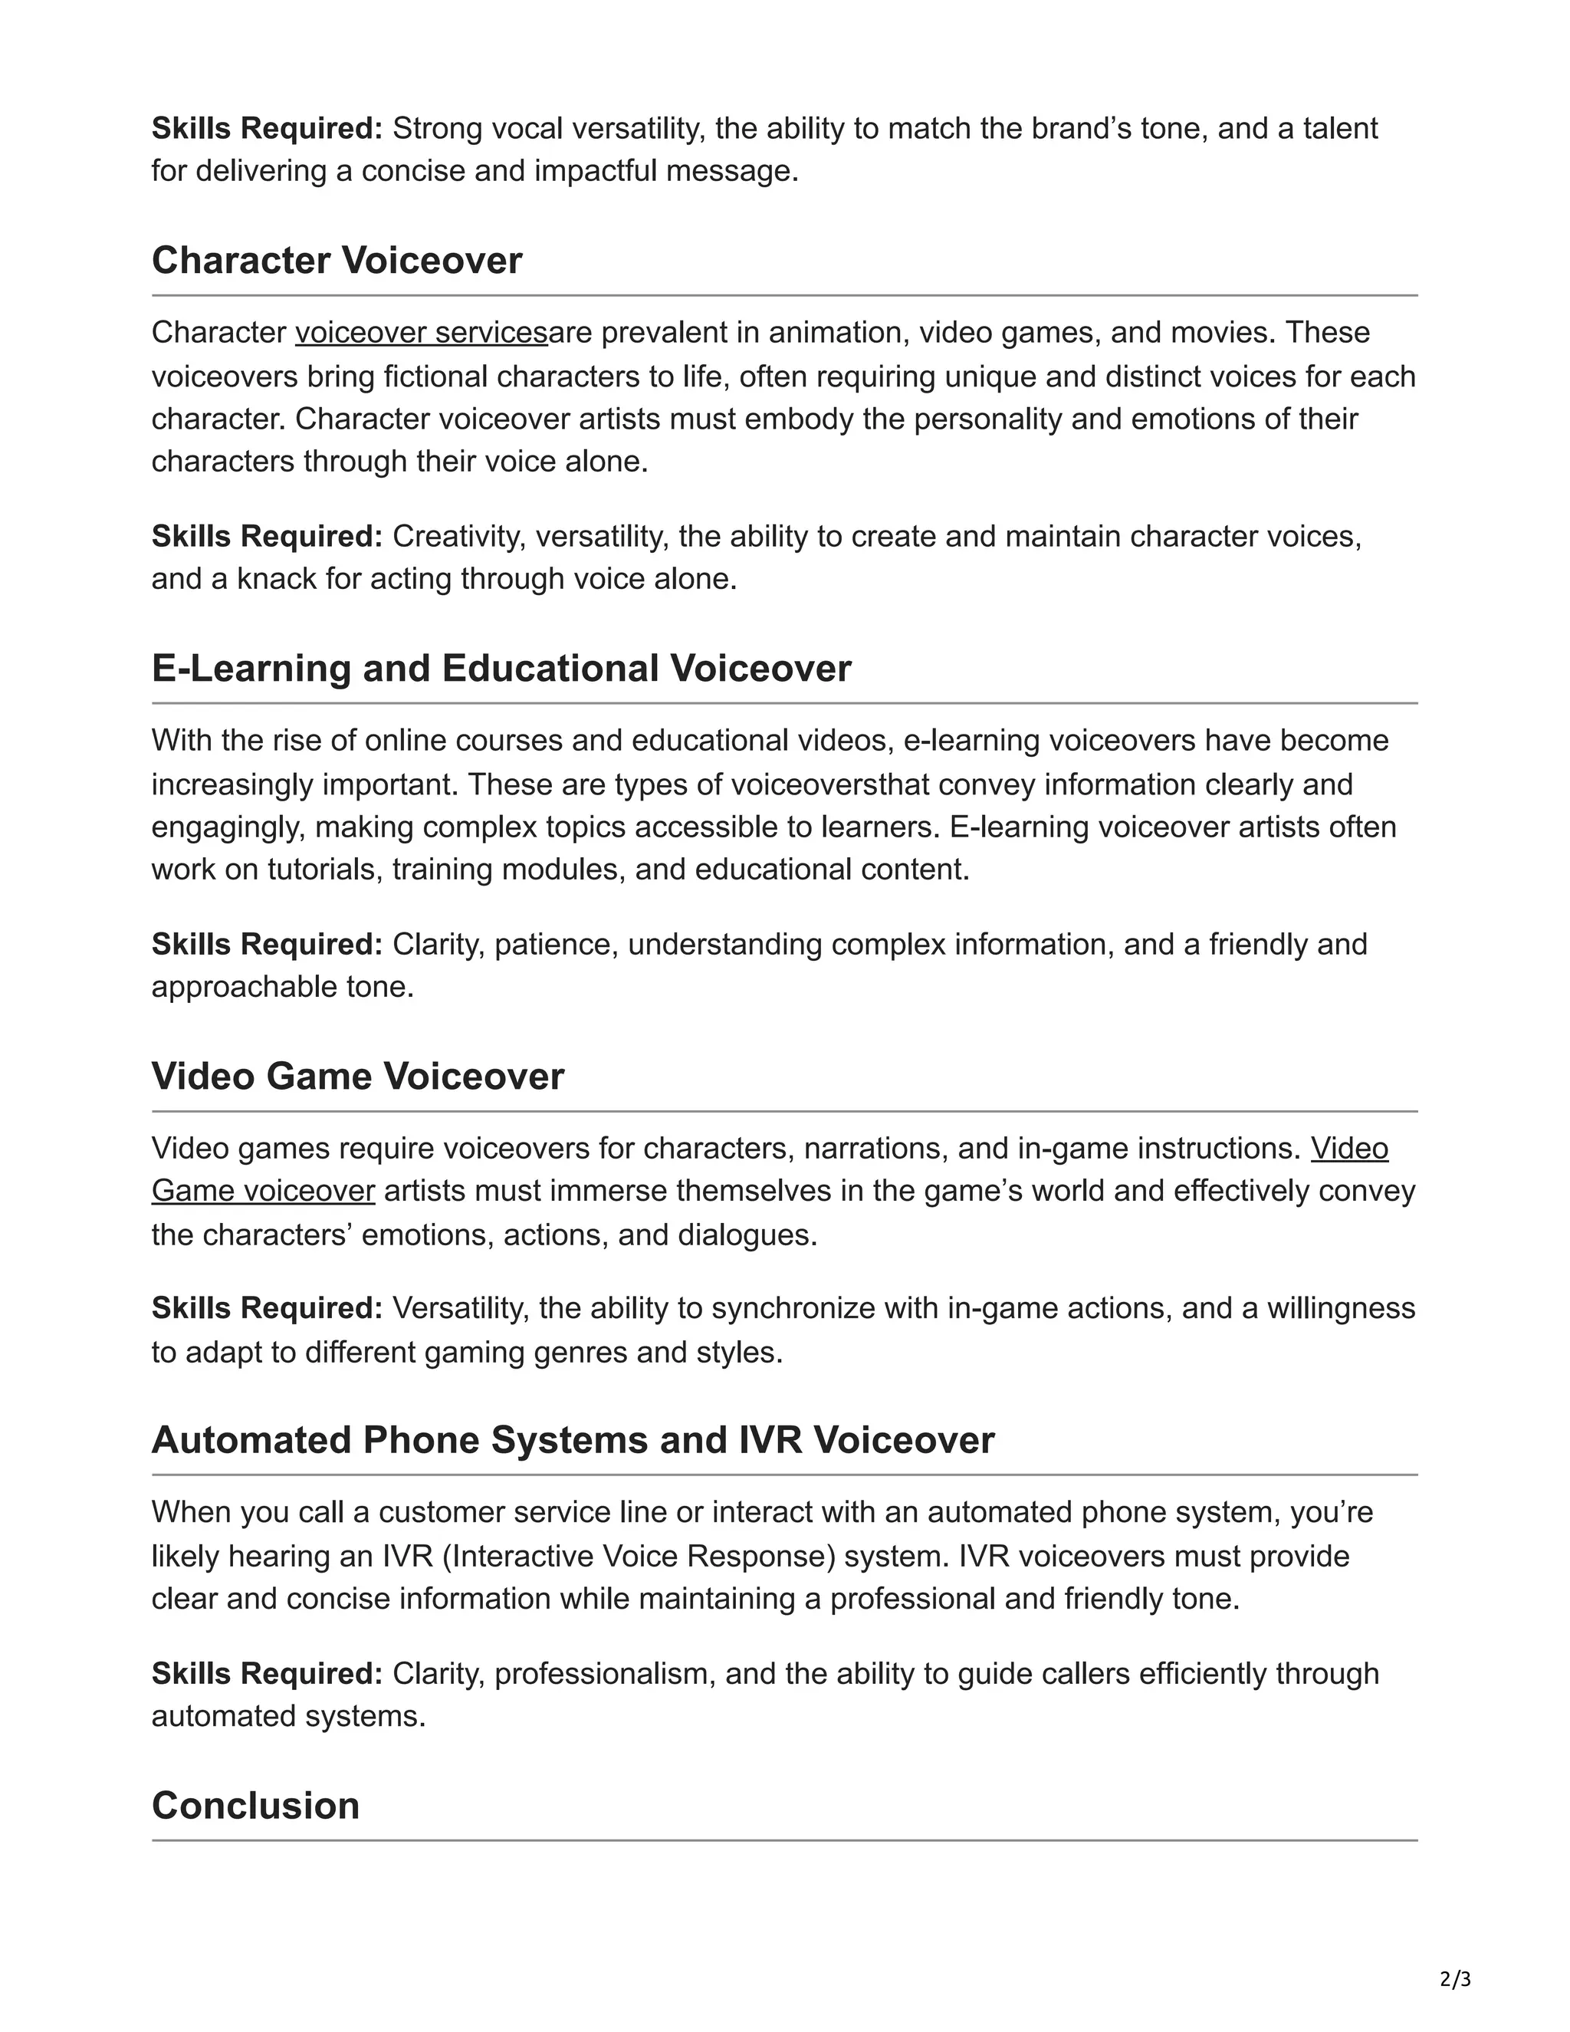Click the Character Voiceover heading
(336, 261)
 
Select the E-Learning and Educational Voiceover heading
(501, 668)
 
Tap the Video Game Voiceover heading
(357, 1076)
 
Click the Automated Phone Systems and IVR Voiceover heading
(572, 1439)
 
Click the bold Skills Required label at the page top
(266, 128)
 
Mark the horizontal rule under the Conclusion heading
(784, 1840)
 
